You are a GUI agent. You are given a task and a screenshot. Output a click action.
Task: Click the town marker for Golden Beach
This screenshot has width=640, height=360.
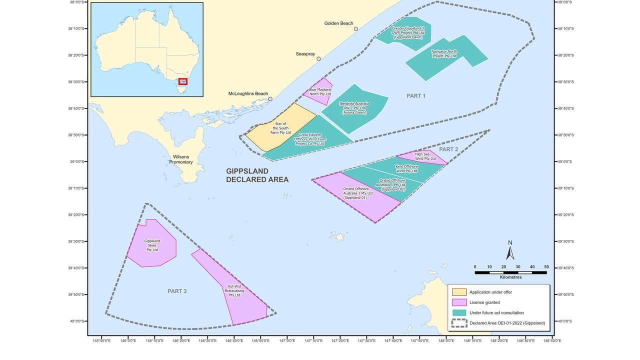(356, 29)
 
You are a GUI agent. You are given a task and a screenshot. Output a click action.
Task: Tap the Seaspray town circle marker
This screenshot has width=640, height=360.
(318, 58)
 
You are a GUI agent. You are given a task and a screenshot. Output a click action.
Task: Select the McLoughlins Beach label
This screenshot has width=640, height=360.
(248, 93)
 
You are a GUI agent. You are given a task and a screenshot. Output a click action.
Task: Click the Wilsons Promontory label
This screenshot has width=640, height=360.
(181, 159)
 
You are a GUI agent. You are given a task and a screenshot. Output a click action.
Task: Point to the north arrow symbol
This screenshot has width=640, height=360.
(510, 251)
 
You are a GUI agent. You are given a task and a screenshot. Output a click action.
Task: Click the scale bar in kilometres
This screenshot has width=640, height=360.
(510, 272)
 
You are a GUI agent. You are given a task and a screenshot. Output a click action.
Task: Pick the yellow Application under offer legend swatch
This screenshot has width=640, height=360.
(459, 292)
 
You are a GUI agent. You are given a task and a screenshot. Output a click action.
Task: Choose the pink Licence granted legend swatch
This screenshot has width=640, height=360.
(459, 302)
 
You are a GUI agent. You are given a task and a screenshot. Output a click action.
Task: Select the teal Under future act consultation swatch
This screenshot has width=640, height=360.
(459, 312)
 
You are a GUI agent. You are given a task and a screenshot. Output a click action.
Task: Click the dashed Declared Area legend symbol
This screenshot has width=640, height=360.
(459, 323)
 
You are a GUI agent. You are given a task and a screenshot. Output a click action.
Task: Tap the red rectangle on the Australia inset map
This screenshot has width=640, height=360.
(183, 81)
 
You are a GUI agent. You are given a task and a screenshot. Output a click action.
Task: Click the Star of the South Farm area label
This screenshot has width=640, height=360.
(281, 128)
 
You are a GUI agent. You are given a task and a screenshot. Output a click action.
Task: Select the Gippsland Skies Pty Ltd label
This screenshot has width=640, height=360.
(152, 245)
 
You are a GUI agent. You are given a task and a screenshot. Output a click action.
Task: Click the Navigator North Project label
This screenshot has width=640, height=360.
(444, 54)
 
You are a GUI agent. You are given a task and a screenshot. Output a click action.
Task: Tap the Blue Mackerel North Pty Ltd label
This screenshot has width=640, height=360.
(320, 92)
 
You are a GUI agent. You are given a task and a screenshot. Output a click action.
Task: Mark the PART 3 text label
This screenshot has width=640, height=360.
(177, 291)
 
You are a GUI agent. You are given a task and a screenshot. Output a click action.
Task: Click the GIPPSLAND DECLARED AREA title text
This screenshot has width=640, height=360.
(257, 175)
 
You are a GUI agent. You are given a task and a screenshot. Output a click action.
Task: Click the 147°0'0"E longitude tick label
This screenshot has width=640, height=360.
(287, 340)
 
